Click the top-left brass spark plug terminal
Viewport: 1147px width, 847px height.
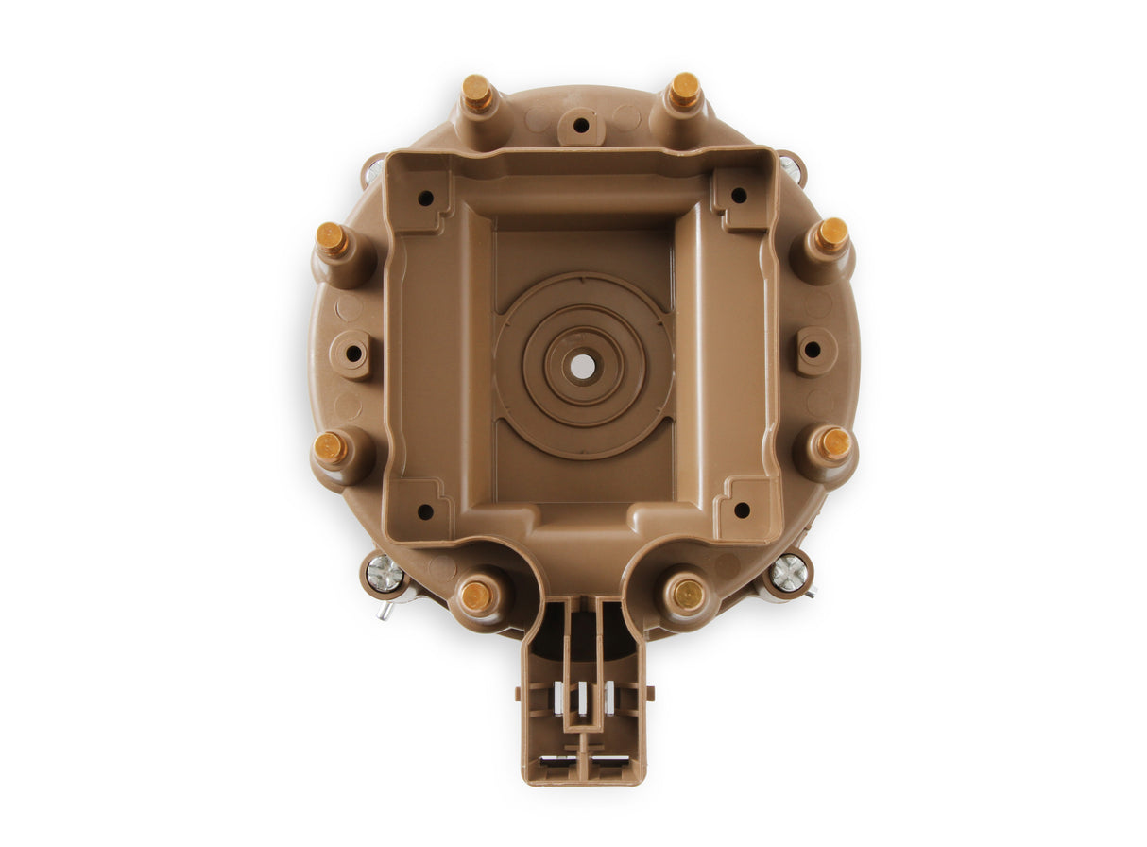477,93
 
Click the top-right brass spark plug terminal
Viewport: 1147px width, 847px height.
684,90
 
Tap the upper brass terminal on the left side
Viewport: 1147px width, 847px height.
332,239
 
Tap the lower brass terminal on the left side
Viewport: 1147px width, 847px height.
331,447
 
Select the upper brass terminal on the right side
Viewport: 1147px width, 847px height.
831,234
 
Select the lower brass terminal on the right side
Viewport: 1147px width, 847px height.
834,443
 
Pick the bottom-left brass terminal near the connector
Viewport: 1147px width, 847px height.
476,596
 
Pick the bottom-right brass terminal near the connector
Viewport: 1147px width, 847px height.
687,594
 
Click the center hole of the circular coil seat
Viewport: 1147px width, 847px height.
583,365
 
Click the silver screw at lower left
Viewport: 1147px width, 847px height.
385,574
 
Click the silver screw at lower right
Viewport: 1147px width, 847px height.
789,573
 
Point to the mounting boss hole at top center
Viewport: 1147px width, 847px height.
581,125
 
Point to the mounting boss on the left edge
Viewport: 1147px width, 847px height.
353,354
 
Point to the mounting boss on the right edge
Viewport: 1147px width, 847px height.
813,350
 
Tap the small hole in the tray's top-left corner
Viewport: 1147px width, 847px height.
426,198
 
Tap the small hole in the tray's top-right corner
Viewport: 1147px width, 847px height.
739,195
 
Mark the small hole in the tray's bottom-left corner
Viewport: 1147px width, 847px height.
425,511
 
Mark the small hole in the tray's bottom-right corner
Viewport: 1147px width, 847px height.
742,510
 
